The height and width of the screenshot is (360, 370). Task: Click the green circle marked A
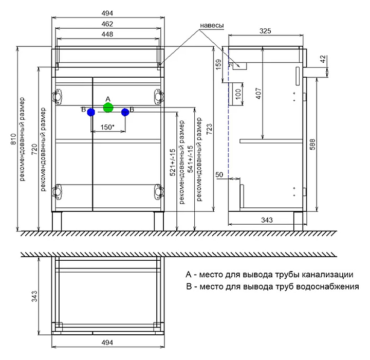(108, 107)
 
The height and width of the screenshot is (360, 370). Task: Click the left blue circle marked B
(91, 112)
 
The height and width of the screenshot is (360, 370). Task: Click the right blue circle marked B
(125, 112)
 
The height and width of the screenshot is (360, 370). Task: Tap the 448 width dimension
(107, 34)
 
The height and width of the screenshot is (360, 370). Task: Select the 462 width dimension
(107, 24)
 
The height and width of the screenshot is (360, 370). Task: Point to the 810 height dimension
(13, 139)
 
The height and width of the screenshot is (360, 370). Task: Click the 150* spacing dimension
(107, 127)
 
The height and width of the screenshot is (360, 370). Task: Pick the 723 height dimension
(209, 130)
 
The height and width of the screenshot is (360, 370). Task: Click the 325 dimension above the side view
(265, 31)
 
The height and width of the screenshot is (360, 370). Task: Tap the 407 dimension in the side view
(258, 93)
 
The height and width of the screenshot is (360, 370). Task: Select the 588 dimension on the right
(312, 145)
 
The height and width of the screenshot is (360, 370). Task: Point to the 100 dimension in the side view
(238, 94)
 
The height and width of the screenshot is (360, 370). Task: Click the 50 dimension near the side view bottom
(219, 174)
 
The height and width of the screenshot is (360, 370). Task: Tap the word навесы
(212, 25)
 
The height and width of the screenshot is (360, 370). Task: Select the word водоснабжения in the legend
(327, 286)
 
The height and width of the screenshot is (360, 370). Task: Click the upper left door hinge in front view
(57, 96)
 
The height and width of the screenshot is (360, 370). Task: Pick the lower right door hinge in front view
(159, 191)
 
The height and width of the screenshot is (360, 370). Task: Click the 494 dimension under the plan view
(107, 343)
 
